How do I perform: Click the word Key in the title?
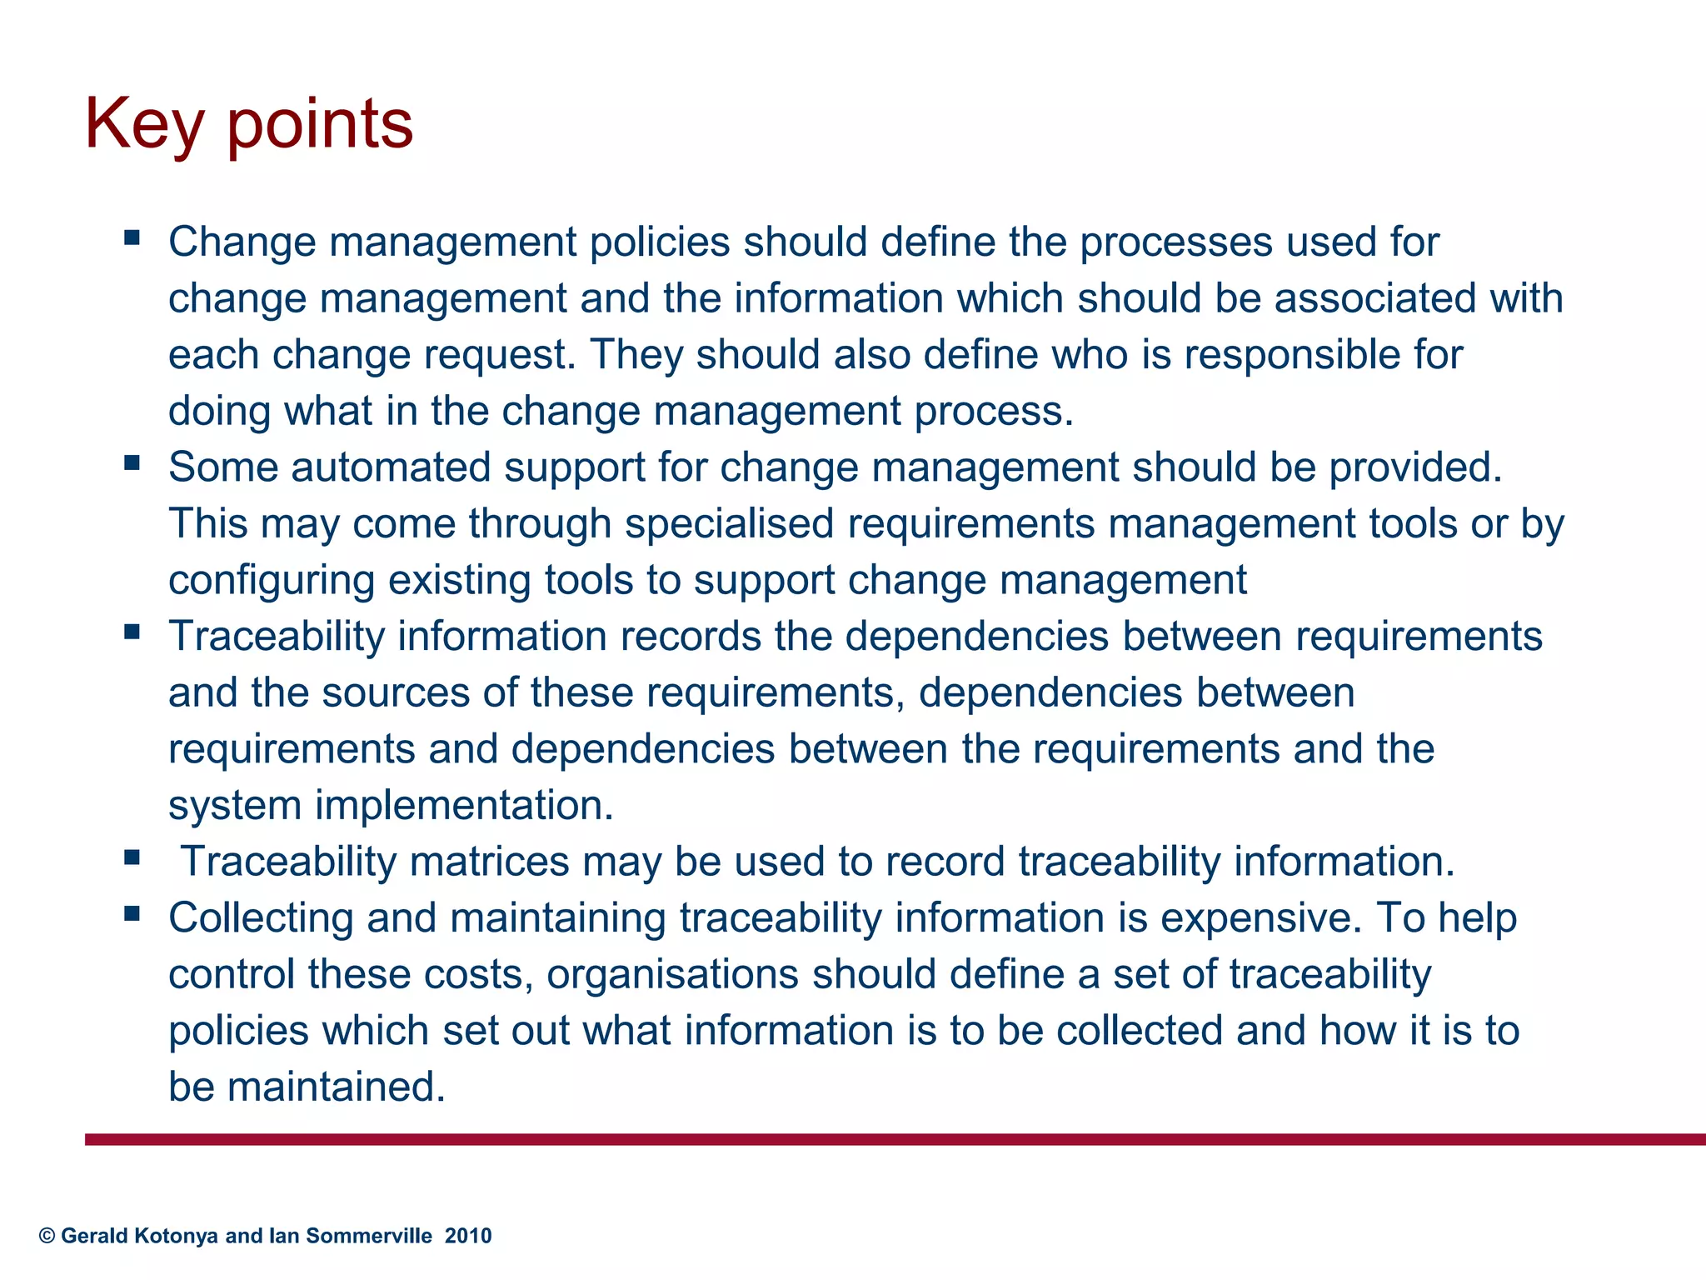coord(144,125)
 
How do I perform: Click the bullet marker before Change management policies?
coord(132,238)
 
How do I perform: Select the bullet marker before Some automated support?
coord(132,462)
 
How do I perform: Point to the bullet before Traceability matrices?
coord(132,857)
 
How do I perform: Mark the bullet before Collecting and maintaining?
coord(132,913)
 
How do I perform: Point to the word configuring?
coord(272,581)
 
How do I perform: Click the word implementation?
coord(464,806)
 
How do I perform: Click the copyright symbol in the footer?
coord(47,1236)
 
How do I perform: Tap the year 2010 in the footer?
coord(468,1236)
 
